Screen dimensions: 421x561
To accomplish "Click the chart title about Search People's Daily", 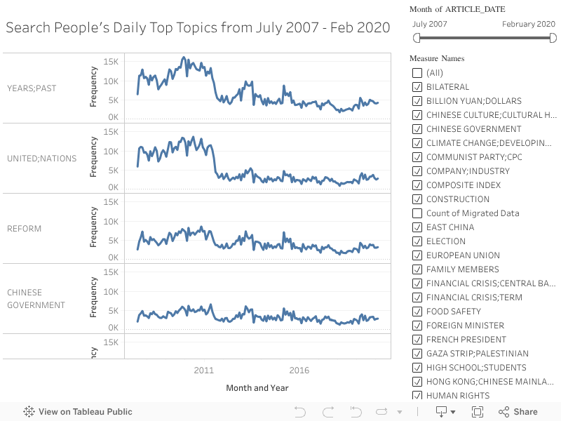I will pyautogui.click(x=198, y=28).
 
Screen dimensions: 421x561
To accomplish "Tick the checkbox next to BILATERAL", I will pyautogui.click(x=417, y=87).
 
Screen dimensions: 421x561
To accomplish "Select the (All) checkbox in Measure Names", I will pyautogui.click(x=417, y=73).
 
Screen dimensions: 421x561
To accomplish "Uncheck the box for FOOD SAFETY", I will pyautogui.click(x=417, y=312).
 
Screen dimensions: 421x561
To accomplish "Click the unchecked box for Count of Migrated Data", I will pyautogui.click(x=417, y=213).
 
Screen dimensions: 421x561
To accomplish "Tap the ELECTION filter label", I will pyautogui.click(x=446, y=241).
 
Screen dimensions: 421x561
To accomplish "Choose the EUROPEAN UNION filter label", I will pyautogui.click(x=463, y=255).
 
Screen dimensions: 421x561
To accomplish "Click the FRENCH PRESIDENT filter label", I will pyautogui.click(x=466, y=340).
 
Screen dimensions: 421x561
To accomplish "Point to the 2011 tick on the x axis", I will pyautogui.click(x=203, y=370).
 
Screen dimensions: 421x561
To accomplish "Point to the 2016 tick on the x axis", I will pyautogui.click(x=299, y=370).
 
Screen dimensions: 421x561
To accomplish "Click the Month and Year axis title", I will pyautogui.click(x=257, y=388).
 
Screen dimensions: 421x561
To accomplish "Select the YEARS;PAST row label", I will pyautogui.click(x=32, y=88).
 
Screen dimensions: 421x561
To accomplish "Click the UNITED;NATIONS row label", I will pyautogui.click(x=42, y=159).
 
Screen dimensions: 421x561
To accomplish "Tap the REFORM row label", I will pyautogui.click(x=25, y=229).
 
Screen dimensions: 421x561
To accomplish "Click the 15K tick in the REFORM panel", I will pyautogui.click(x=111, y=202).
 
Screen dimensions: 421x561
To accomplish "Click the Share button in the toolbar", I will pyautogui.click(x=518, y=412).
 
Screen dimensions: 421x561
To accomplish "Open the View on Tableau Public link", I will pyautogui.click(x=78, y=412).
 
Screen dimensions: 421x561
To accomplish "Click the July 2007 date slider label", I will pyautogui.click(x=430, y=24).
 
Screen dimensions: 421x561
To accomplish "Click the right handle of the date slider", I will pyautogui.click(x=552, y=38).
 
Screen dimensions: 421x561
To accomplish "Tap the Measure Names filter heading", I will pyautogui.click(x=437, y=58).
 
